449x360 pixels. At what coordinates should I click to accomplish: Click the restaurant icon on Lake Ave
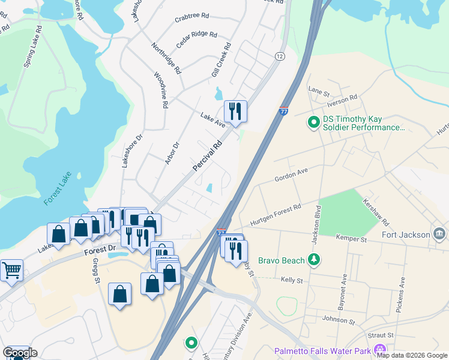click(x=235, y=111)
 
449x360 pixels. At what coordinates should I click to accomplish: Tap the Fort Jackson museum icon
click(x=439, y=234)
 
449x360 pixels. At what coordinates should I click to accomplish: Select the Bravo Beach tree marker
click(x=313, y=260)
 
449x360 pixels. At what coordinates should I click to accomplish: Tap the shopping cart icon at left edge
click(x=11, y=271)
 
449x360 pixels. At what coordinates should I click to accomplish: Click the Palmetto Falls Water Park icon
click(x=379, y=350)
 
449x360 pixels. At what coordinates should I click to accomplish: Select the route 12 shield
click(x=280, y=56)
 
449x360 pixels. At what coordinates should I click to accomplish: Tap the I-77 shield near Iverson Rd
click(x=283, y=112)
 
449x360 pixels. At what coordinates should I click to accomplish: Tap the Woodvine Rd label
click(x=160, y=90)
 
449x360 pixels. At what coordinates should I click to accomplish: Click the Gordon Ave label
click(x=291, y=175)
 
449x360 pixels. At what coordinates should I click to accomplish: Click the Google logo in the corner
click(x=19, y=353)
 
